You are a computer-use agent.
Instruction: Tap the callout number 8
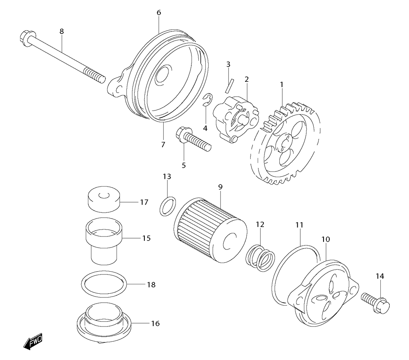click(x=62, y=31)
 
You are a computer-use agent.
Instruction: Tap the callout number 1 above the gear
click(x=281, y=85)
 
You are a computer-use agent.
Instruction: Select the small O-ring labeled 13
click(x=167, y=206)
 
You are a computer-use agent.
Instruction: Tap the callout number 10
click(x=326, y=239)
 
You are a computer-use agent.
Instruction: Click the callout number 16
click(x=155, y=324)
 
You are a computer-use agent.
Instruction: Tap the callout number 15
click(x=146, y=238)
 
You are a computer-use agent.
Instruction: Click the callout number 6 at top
click(x=159, y=13)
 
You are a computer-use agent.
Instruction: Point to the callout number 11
click(x=300, y=225)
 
